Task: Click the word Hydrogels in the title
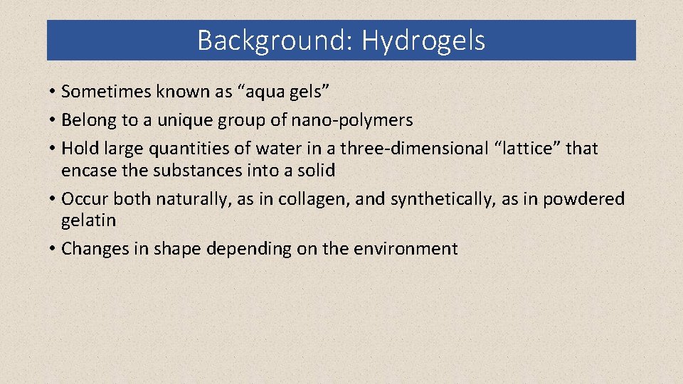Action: point(423,41)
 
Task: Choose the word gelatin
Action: point(88,220)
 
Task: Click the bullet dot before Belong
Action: point(53,121)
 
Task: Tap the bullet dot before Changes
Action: point(53,250)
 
